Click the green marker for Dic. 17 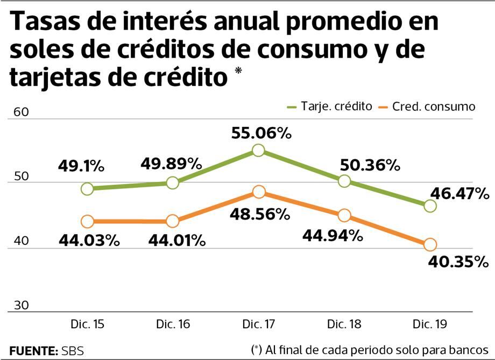pos(258,150)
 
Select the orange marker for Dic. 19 pos(430,245)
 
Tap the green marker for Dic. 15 pos(87,188)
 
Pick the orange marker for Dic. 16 pos(173,221)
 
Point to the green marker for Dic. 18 pos(344,181)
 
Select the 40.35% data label pos(458,263)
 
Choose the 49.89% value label pos(172,163)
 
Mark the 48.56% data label pos(261,214)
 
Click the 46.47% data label pos(459,193)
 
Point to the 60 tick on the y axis pos(20,112)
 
